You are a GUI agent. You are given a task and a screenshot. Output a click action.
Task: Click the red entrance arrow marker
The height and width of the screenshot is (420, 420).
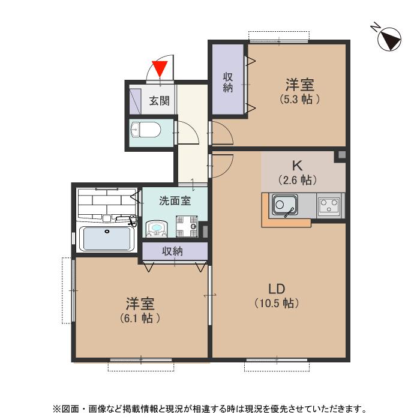[160, 69]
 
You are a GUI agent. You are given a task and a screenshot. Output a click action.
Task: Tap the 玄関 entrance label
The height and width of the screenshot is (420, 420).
[159, 101]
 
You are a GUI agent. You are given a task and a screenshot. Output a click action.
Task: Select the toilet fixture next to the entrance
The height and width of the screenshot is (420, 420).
[146, 130]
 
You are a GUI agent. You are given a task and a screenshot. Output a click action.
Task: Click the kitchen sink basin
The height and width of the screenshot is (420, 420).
[285, 205]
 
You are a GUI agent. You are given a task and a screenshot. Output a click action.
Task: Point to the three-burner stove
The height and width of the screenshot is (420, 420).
[329, 205]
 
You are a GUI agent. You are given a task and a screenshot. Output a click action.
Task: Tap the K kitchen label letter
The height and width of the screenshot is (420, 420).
[297, 166]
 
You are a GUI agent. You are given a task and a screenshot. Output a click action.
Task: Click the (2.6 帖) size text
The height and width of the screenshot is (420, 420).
[298, 180]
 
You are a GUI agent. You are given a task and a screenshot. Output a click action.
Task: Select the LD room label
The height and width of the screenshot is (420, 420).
[277, 289]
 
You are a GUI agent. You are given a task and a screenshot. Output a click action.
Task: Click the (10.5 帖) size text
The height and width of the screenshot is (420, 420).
[277, 304]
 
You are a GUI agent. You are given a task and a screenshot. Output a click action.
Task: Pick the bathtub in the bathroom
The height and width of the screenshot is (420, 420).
[107, 239]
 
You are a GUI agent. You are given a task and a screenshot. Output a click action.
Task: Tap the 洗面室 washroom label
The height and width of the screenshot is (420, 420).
[175, 200]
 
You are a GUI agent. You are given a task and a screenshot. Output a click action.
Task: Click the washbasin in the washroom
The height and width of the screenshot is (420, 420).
[157, 229]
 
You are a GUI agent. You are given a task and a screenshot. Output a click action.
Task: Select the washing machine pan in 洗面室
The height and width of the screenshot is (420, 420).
[187, 226]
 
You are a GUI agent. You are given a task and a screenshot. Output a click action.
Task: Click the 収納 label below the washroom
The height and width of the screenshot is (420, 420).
[173, 251]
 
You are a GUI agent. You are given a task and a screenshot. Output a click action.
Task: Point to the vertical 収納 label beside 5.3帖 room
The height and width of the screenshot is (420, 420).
[227, 83]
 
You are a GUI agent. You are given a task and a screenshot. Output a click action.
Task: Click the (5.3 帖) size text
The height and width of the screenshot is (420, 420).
[300, 100]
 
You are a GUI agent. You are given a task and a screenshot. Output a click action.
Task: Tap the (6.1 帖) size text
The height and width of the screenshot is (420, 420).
[140, 318]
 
